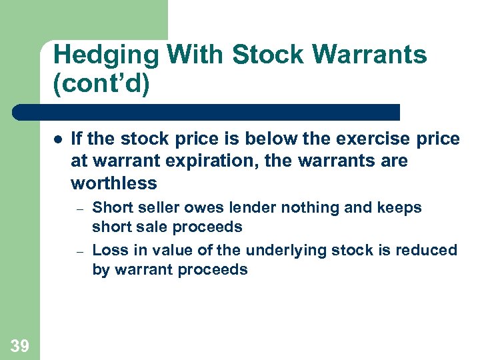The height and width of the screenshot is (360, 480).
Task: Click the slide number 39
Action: pyautogui.click(x=19, y=345)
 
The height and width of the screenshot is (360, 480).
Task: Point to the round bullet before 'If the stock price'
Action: pyautogui.click(x=58, y=140)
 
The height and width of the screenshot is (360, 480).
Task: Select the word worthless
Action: pyautogui.click(x=113, y=183)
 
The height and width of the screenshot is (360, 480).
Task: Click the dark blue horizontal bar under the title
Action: pyautogui.click(x=207, y=112)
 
